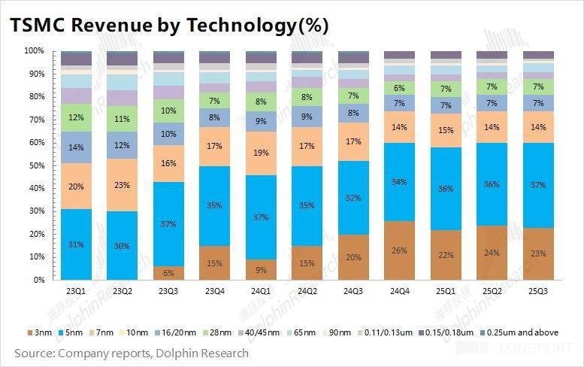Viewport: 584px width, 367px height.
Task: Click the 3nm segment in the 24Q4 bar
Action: click(x=399, y=250)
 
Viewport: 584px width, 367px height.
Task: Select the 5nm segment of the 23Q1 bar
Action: click(x=76, y=244)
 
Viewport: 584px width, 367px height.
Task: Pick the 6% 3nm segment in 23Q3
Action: click(x=168, y=272)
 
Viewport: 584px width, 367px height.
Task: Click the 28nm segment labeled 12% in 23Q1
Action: click(x=76, y=118)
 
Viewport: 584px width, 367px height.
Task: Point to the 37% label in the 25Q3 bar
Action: click(x=538, y=185)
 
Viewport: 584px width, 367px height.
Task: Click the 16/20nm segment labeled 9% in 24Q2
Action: click(x=307, y=117)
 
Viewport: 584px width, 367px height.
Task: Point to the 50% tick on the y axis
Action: click(x=35, y=165)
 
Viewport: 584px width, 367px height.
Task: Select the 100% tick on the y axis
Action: click(x=33, y=51)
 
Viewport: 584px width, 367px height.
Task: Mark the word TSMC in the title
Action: click(x=35, y=25)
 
